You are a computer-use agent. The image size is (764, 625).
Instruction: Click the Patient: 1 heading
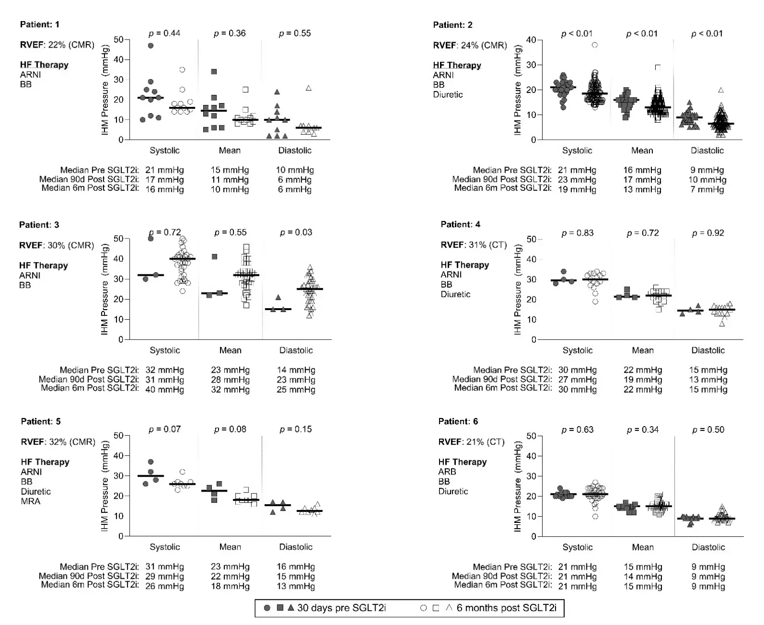tap(39, 24)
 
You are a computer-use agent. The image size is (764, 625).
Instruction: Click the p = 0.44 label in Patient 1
tap(165, 33)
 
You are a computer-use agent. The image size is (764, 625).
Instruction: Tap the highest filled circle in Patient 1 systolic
tap(151, 46)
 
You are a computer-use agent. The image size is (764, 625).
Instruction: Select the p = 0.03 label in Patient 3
tap(296, 233)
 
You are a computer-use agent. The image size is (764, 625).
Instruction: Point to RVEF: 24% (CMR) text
tap(470, 45)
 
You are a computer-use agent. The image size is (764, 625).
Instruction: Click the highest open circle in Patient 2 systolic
tap(595, 45)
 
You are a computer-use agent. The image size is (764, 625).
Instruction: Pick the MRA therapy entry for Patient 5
tap(30, 501)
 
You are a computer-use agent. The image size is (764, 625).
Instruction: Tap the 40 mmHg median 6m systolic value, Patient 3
tap(165, 390)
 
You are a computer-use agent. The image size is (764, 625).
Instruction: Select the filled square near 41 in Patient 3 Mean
tap(214, 257)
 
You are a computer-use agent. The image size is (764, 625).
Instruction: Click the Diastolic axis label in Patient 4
tap(708, 351)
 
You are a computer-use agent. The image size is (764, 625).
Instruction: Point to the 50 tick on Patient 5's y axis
tap(118, 436)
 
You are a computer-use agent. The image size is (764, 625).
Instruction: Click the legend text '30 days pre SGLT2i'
tap(341, 608)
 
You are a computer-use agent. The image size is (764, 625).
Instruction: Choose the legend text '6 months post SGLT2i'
tap(506, 608)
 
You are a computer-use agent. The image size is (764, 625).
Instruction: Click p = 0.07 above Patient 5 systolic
tap(165, 429)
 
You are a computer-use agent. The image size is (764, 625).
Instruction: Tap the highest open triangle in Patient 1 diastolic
tap(309, 88)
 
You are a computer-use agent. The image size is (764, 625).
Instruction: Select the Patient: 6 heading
tap(458, 421)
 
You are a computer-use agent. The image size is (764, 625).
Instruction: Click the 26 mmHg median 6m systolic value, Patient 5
tap(165, 586)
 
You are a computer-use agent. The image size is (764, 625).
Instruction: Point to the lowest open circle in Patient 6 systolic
tap(596, 517)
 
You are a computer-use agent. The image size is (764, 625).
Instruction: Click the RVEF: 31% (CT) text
tap(474, 245)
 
